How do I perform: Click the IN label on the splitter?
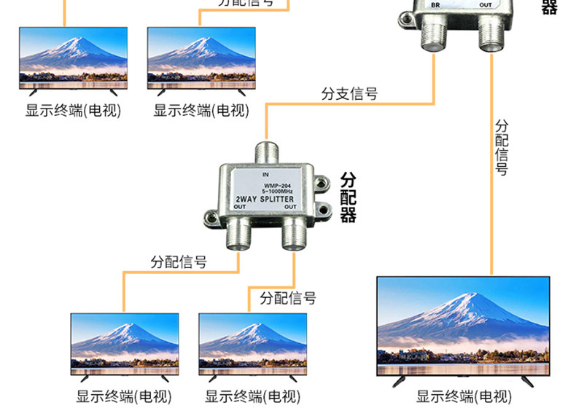[265, 175]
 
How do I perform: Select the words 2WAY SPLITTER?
[265, 199]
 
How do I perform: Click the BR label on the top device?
[436, 5]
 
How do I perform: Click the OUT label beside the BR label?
[486, 5]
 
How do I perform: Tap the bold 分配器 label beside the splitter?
[348, 197]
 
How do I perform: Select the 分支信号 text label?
[349, 93]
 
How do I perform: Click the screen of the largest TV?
[462, 325]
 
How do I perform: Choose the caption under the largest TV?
[464, 397]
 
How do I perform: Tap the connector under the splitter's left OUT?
[237, 235]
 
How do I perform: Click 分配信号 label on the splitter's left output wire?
[179, 262]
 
